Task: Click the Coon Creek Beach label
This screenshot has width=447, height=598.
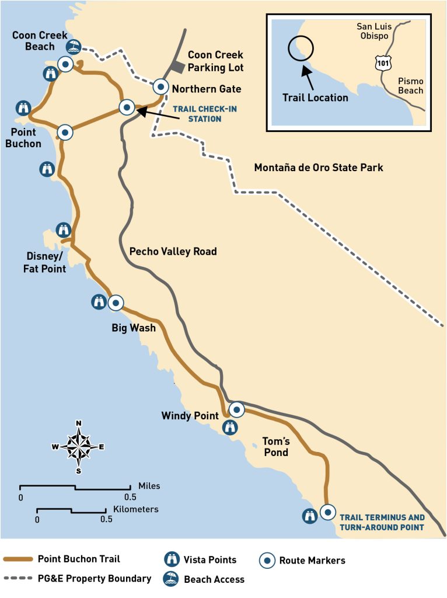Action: click(x=33, y=41)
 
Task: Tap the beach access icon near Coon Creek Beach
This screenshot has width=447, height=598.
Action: click(x=74, y=47)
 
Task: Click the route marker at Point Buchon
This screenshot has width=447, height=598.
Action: click(x=65, y=132)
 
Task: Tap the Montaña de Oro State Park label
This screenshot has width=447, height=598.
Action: click(x=319, y=168)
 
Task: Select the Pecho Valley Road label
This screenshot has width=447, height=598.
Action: click(x=173, y=252)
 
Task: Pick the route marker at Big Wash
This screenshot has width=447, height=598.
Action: click(x=116, y=303)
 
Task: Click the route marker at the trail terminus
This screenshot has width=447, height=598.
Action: click(x=328, y=512)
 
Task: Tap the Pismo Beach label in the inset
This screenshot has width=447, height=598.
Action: click(x=410, y=86)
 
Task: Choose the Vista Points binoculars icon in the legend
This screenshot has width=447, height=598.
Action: click(x=172, y=559)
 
